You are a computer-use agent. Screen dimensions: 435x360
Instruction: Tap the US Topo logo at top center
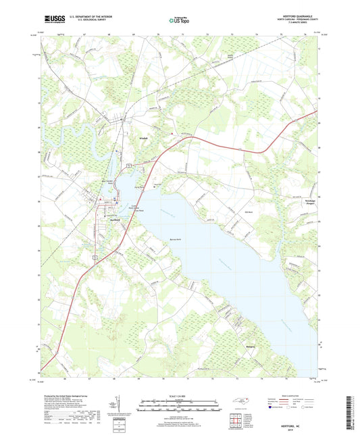tap(180, 21)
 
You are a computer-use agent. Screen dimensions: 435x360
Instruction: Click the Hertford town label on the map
tap(115, 219)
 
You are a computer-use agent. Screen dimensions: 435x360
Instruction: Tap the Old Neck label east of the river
tap(267, 215)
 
